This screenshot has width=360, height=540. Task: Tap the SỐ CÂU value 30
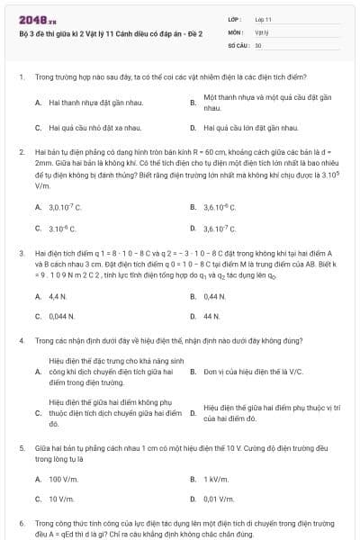point(258,44)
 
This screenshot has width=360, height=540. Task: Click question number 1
point(21,78)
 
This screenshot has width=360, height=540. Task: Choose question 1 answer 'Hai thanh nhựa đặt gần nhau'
point(84,103)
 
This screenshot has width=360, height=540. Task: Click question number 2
point(21,153)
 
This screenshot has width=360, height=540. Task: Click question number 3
point(21,255)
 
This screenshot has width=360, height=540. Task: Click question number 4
point(21,343)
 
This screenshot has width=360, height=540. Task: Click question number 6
point(21,522)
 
